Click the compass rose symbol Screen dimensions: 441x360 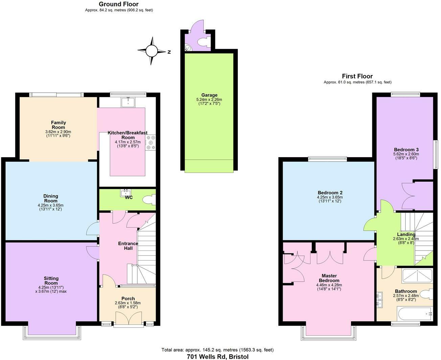coord(152,51)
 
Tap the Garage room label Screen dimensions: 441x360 coord(209,95)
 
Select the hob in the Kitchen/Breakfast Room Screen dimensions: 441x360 coord(151,143)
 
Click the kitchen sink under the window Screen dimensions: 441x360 coord(129,102)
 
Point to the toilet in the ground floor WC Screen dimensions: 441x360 coord(149,200)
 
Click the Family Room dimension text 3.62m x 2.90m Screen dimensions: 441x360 coord(58,132)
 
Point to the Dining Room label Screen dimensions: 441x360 coord(51,198)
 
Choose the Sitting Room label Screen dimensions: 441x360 coord(51,281)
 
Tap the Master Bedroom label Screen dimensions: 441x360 coord(329,278)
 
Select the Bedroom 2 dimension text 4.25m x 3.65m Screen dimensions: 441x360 coord(330,197)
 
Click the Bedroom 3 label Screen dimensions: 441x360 coord(406,149)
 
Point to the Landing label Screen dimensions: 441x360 coord(406,234)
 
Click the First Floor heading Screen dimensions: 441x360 coord(357,76)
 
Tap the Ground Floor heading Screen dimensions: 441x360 coord(119,4)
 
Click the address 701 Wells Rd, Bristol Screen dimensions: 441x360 coord(218,356)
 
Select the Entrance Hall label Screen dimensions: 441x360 coord(128,246)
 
